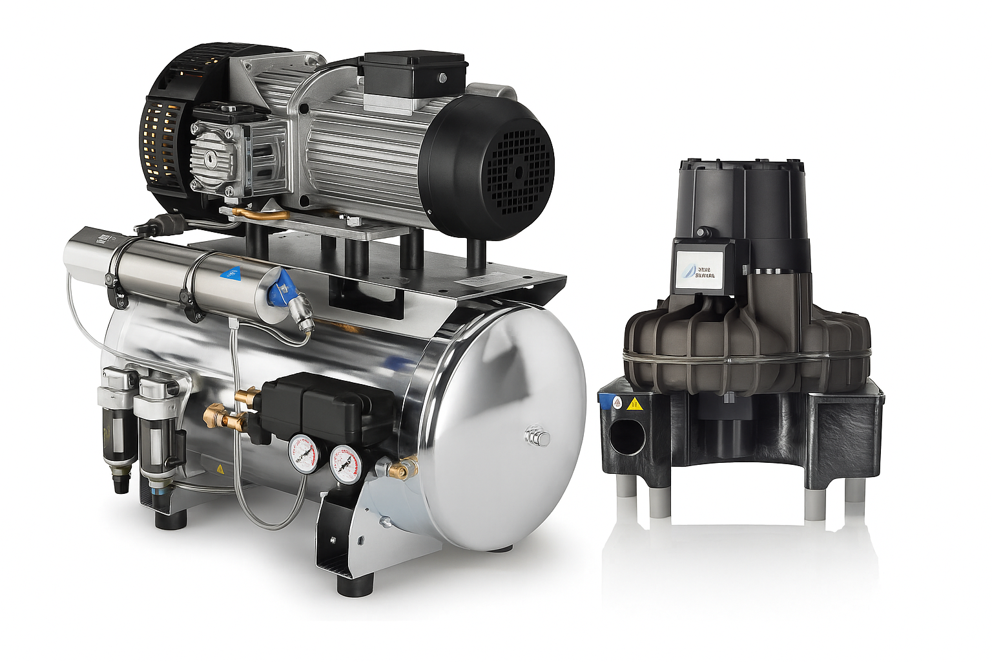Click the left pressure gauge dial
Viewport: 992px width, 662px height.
click(x=303, y=453)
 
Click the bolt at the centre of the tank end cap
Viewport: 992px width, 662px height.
click(x=539, y=438)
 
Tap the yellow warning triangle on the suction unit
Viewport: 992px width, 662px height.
click(x=635, y=405)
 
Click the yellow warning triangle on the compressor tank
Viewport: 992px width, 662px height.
click(x=220, y=469)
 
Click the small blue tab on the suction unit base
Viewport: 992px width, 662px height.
click(x=604, y=400)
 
